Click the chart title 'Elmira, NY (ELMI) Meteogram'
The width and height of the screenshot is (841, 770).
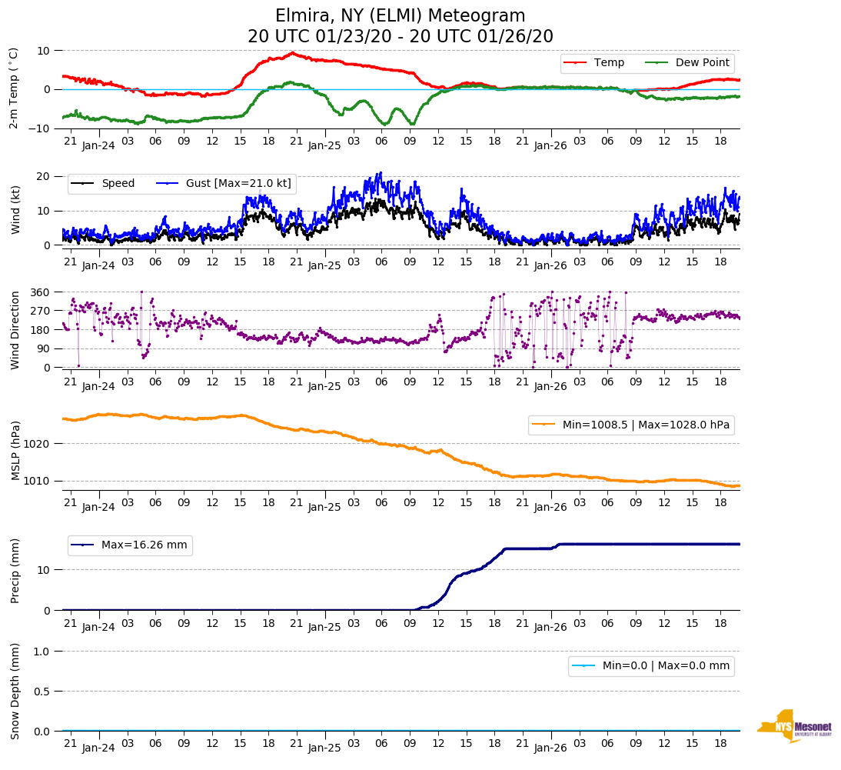coord(401,16)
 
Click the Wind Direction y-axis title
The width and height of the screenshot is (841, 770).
coord(15,330)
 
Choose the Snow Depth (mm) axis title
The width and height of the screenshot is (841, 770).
coord(15,690)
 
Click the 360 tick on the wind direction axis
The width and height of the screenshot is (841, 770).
coord(41,292)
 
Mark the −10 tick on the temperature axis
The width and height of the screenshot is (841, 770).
coord(38,128)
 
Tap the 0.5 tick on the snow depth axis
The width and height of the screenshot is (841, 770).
coord(43,692)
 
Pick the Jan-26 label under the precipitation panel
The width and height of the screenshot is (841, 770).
coord(550,627)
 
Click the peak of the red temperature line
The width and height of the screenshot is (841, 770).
coord(292,53)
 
